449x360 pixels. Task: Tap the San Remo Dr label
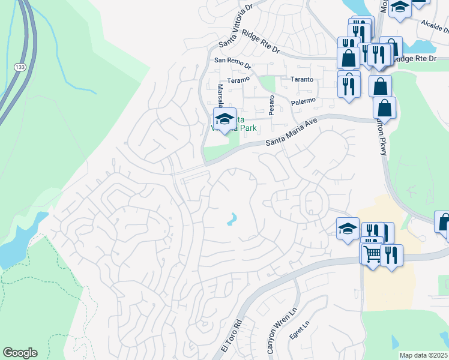click(233, 61)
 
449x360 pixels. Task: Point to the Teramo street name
click(238, 80)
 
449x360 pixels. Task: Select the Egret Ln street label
click(306, 331)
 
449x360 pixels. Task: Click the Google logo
click(20, 353)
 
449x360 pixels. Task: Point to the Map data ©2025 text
click(424, 355)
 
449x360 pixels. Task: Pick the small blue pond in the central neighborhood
click(232, 220)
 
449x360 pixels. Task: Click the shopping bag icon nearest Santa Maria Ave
click(384, 107)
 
